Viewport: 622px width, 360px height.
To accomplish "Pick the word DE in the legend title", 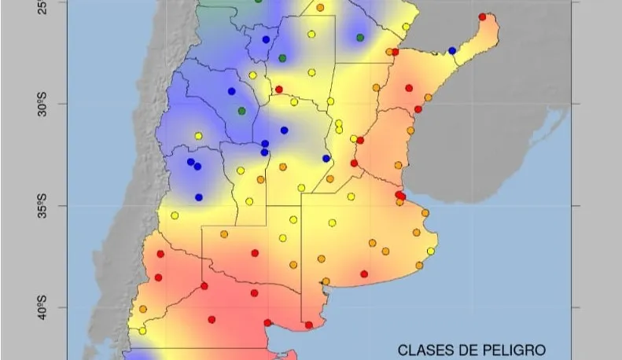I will pos(469,349).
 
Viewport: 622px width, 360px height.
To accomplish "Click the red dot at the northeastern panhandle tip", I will pos(482,17).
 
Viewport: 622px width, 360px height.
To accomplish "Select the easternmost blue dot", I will pos(452,50).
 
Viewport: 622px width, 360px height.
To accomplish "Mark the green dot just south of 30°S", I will pos(242,111).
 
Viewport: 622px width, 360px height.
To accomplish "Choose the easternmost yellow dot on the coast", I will pos(431,252).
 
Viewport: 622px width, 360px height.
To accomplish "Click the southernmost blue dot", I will pos(199,197).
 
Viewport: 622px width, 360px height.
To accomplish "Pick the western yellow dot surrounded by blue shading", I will pos(198,136).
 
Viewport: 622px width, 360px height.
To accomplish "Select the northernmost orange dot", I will pos(320,8).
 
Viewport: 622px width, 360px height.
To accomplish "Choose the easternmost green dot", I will pos(360,38).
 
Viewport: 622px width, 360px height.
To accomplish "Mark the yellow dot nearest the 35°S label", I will pos(175,215).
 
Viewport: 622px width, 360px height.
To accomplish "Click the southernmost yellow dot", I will pos(142,331).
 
